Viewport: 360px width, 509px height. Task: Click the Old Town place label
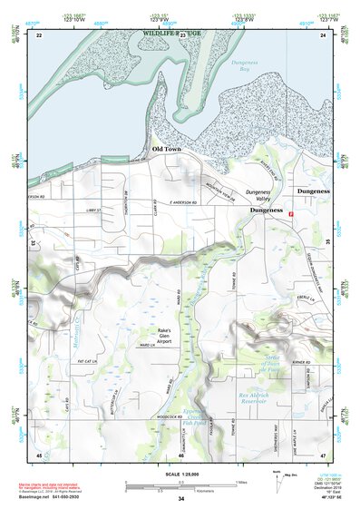169,148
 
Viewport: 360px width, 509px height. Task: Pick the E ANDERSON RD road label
182,202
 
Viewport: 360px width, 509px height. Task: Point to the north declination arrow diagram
277,478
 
